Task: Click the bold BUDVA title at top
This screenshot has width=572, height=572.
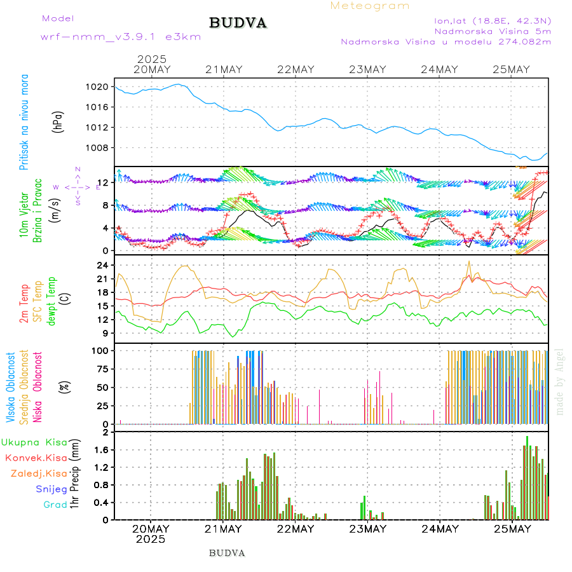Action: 238,23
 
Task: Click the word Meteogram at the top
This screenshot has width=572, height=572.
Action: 370,6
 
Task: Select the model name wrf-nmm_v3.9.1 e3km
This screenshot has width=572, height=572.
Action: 121,36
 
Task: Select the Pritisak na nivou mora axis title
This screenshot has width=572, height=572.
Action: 24,122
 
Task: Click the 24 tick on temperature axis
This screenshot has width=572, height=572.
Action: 104,265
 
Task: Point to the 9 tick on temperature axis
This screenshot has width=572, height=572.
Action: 106,333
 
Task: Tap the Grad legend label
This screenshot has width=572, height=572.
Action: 55,505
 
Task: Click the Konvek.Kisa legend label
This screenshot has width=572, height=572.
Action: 36,458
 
